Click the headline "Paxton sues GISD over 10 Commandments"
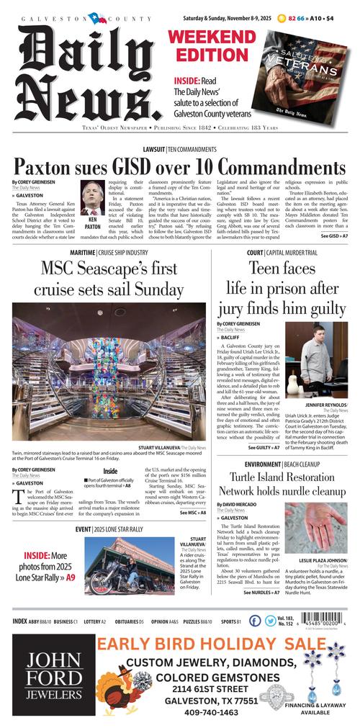180,166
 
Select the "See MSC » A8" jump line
192,513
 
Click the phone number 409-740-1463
190,712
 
